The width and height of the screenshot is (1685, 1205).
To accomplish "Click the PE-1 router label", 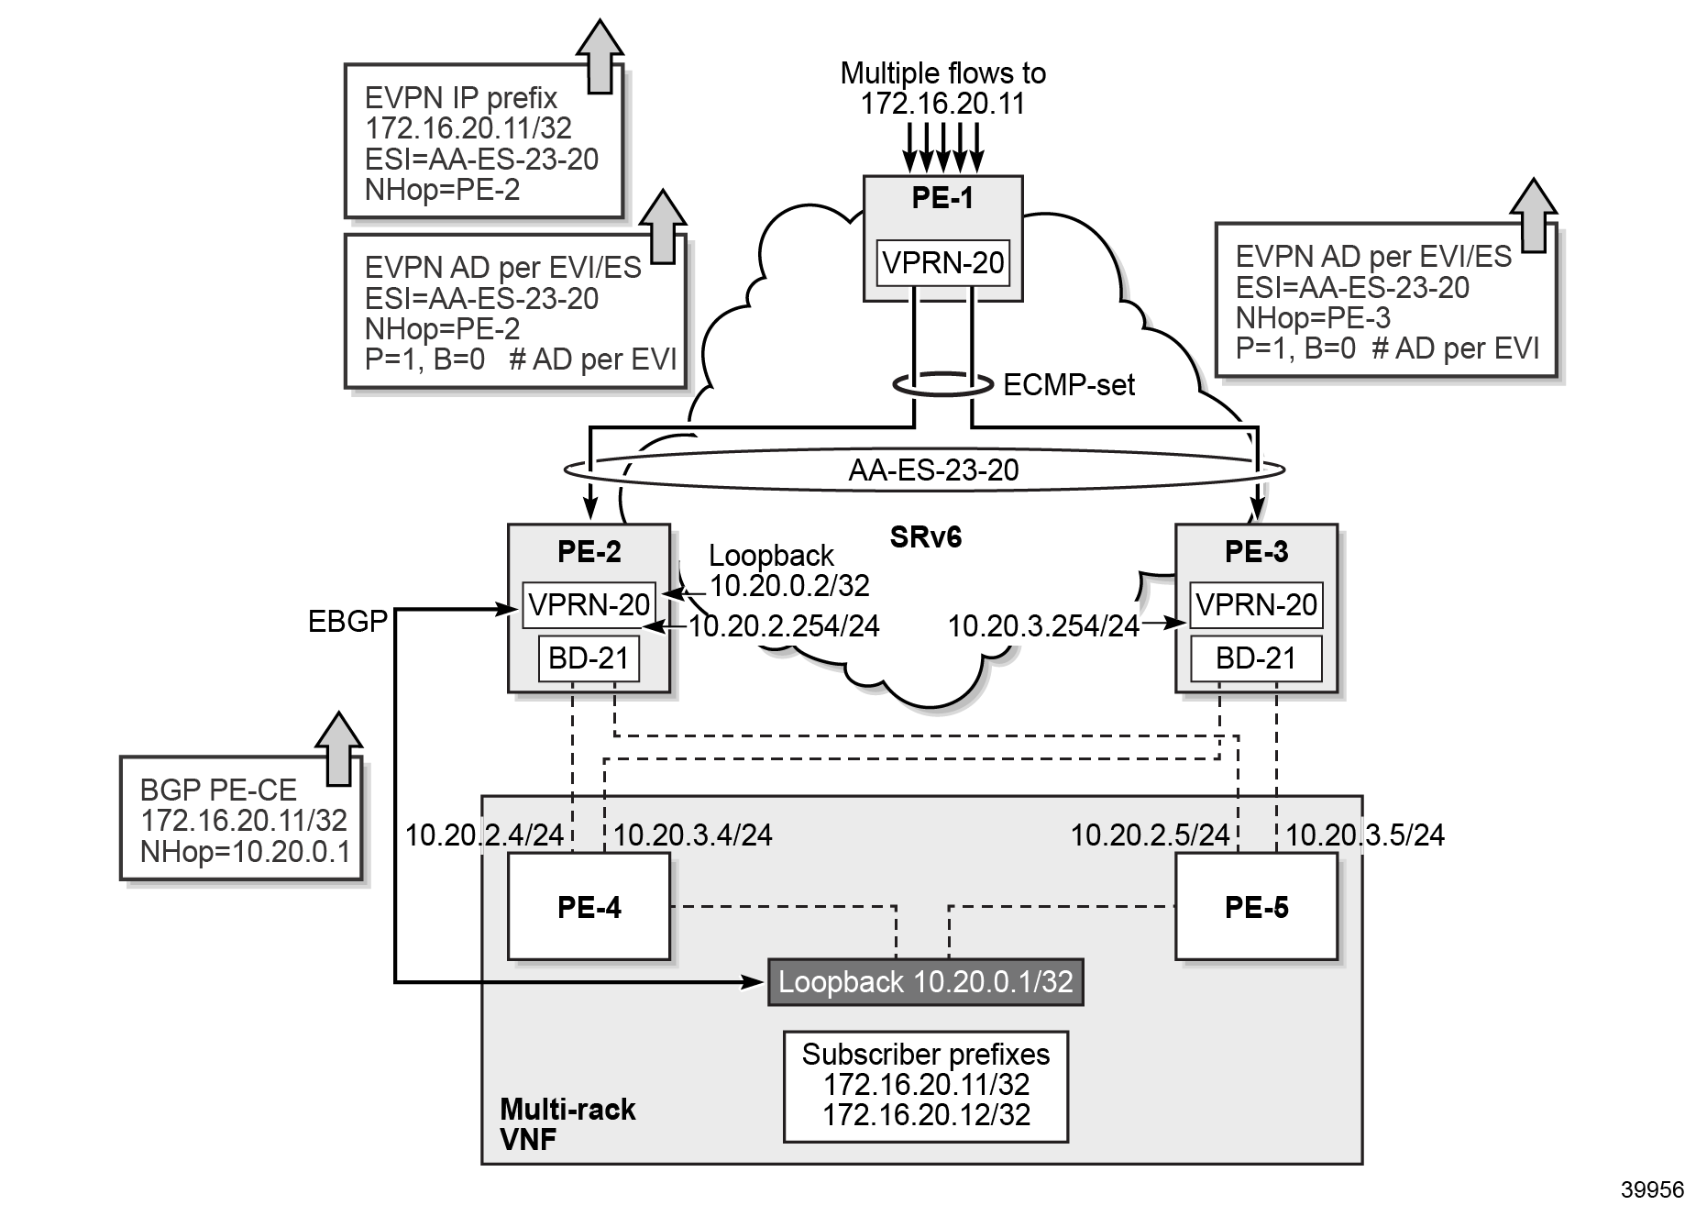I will [942, 198].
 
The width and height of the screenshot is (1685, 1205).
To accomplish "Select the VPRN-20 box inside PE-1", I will [942, 263].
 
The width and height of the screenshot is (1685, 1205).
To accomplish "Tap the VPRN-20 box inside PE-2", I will [589, 605].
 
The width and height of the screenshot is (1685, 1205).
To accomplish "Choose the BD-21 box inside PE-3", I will [1256, 658].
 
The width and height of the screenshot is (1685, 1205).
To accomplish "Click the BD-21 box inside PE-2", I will [589, 658].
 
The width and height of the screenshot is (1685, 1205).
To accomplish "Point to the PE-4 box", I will [589, 906].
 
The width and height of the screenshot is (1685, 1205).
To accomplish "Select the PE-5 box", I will [1256, 906].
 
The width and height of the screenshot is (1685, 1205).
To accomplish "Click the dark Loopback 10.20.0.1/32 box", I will [925, 981].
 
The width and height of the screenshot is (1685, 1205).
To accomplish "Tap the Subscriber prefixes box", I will [926, 1085].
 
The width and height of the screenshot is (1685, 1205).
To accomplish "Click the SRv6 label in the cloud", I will [926, 537].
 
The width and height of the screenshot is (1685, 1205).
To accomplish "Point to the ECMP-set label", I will [1069, 385].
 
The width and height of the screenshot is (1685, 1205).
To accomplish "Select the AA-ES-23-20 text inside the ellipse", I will [933, 470].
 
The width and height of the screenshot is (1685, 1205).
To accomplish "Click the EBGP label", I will [347, 622].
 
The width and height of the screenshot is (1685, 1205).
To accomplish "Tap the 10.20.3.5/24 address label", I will [1365, 835].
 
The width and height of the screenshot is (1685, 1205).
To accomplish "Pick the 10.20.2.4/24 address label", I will [485, 835].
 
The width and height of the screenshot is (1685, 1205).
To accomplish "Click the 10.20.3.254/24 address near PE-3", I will [1042, 626].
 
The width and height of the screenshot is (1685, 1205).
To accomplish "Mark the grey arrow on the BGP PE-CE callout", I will [338, 747].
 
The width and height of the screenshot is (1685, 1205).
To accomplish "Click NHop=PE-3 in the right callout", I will [1313, 318].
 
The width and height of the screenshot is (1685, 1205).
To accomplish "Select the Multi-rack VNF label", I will [567, 1124].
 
